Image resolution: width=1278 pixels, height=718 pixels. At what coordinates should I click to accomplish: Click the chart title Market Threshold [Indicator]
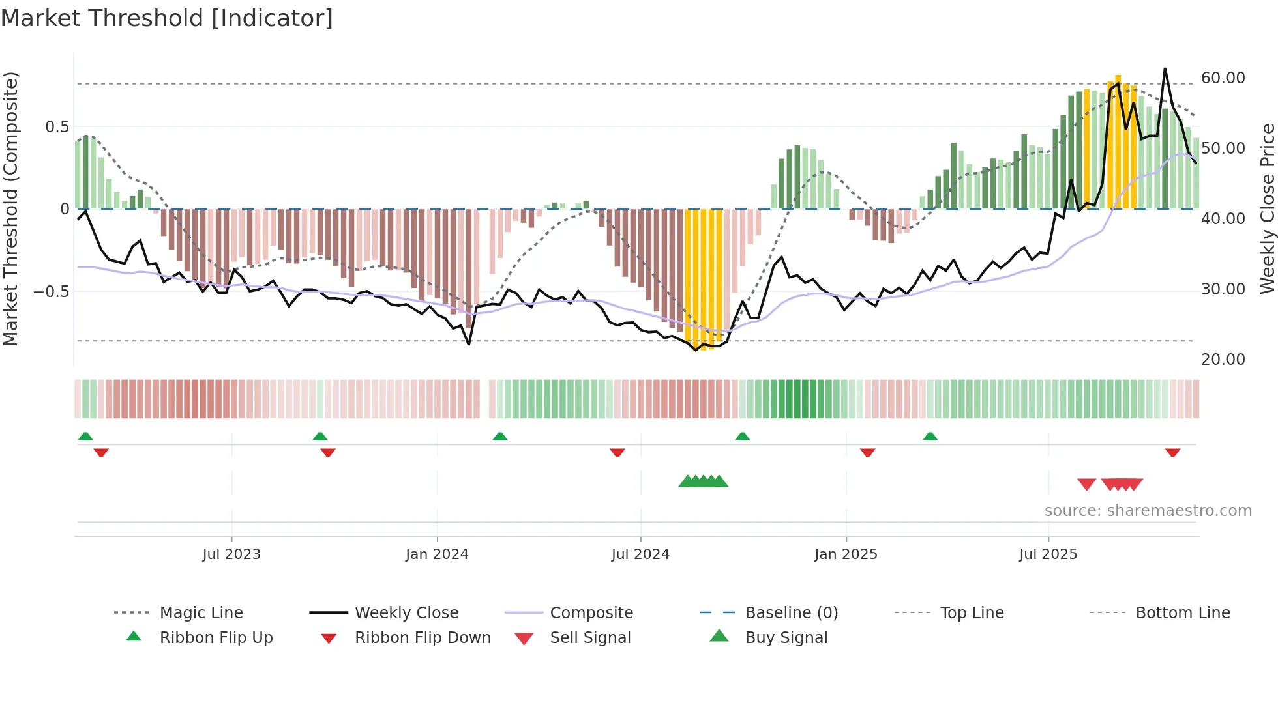tap(167, 18)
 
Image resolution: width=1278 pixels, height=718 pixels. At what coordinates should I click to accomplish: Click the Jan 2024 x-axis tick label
tap(437, 554)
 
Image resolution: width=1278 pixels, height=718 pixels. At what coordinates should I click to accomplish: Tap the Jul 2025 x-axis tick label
tap(1048, 554)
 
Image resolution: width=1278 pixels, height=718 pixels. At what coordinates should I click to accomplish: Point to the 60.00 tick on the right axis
tap(1223, 78)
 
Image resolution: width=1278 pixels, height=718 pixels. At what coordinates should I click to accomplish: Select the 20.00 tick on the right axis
tap(1223, 360)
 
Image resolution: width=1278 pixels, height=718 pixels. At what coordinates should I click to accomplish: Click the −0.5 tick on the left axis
tap(52, 291)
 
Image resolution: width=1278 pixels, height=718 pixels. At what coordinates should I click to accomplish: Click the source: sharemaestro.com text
tap(1148, 511)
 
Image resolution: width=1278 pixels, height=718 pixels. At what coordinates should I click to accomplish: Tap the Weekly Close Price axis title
tap(1267, 208)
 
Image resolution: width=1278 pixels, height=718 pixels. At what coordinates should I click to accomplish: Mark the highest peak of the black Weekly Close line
tap(1165, 69)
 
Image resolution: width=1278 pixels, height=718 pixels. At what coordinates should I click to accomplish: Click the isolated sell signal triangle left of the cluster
tap(1086, 484)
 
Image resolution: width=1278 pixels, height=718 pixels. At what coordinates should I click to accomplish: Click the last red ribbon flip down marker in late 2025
tap(1172, 452)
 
